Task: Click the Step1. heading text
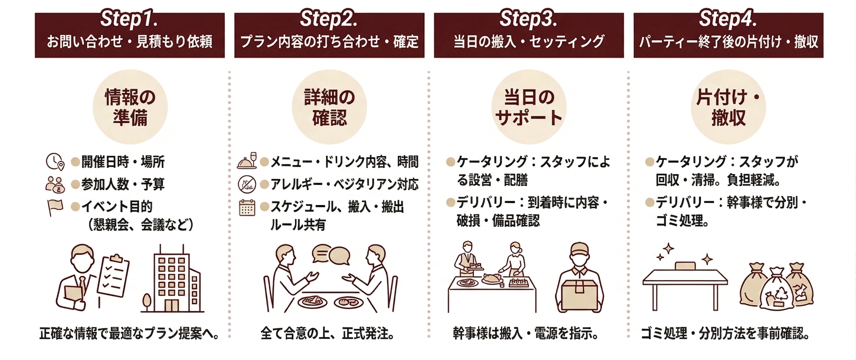click(x=129, y=19)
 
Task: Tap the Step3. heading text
click(x=528, y=19)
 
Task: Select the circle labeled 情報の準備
click(x=130, y=107)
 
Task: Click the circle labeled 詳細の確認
click(x=329, y=107)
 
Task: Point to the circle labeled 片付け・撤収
click(x=728, y=107)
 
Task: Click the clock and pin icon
click(x=54, y=162)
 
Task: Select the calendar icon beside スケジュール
click(x=247, y=208)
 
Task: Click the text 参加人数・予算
click(x=123, y=184)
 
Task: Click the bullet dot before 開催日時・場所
click(x=76, y=162)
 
